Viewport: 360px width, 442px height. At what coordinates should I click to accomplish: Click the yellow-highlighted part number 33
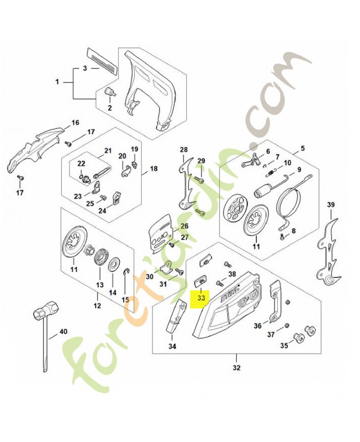click(201, 297)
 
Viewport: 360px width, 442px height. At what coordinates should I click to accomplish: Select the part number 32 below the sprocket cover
click(236, 367)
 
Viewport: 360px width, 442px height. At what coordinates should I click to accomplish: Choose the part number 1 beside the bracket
click(57, 82)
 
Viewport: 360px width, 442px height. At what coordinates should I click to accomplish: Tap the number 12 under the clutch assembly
click(97, 306)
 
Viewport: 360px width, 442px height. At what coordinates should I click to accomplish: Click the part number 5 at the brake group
click(303, 149)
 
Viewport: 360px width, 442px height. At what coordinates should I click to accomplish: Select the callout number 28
click(184, 150)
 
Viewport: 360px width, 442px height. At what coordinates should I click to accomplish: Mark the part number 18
click(153, 169)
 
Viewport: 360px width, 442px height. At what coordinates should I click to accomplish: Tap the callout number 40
click(63, 331)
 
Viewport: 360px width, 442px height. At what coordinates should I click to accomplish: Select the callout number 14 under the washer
click(112, 292)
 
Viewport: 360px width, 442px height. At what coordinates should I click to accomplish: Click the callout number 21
click(108, 150)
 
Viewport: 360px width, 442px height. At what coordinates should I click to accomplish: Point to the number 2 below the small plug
click(109, 108)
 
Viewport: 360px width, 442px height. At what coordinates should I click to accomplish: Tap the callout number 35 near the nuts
click(284, 346)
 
